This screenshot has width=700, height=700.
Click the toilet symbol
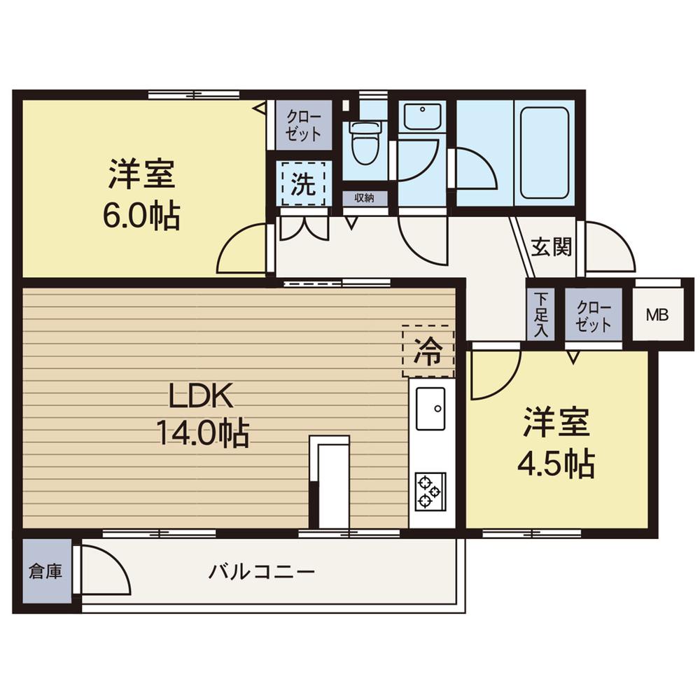point(364,142)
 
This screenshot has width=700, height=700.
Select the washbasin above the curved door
point(422,116)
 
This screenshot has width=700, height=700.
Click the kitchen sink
point(430,408)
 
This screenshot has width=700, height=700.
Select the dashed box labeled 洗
point(302,183)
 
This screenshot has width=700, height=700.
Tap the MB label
point(657,314)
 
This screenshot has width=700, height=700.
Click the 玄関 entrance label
point(551,246)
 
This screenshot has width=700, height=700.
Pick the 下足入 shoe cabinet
point(540,314)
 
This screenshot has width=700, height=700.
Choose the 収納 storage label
point(364,198)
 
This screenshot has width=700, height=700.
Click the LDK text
point(199,397)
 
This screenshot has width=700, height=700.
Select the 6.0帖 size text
point(141,215)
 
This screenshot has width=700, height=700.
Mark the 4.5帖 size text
point(556,463)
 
